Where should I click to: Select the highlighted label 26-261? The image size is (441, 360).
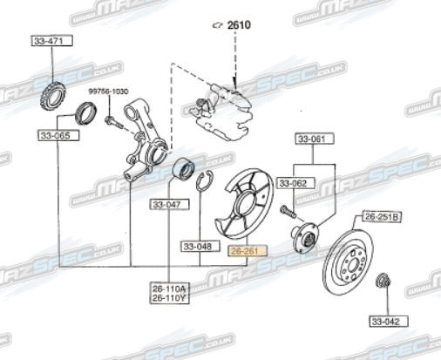[245, 249]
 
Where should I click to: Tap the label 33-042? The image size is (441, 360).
[384, 320]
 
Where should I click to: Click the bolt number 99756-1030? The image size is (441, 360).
[108, 92]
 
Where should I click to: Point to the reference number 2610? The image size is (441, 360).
[238, 25]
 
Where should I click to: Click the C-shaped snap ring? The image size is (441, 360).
[206, 184]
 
